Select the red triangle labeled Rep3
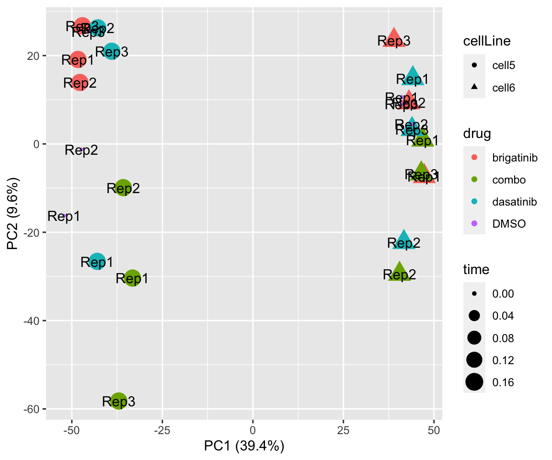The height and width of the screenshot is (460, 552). tap(394, 38)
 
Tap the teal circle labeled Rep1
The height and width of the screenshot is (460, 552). tap(97, 262)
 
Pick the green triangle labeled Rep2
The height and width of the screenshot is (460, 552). tap(400, 272)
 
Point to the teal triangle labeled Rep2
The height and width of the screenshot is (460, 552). tap(404, 241)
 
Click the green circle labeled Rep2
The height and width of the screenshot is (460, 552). tap(124, 188)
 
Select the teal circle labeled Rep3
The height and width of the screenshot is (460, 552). tap(112, 51)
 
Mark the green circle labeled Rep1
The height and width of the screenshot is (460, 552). tap(133, 278)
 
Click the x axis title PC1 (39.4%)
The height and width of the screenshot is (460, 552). tap(244, 447)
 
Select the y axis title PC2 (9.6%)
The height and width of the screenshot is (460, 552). tap(12, 214)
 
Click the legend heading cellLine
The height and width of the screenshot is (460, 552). tap(486, 41)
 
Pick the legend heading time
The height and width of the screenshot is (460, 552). tap(476, 270)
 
